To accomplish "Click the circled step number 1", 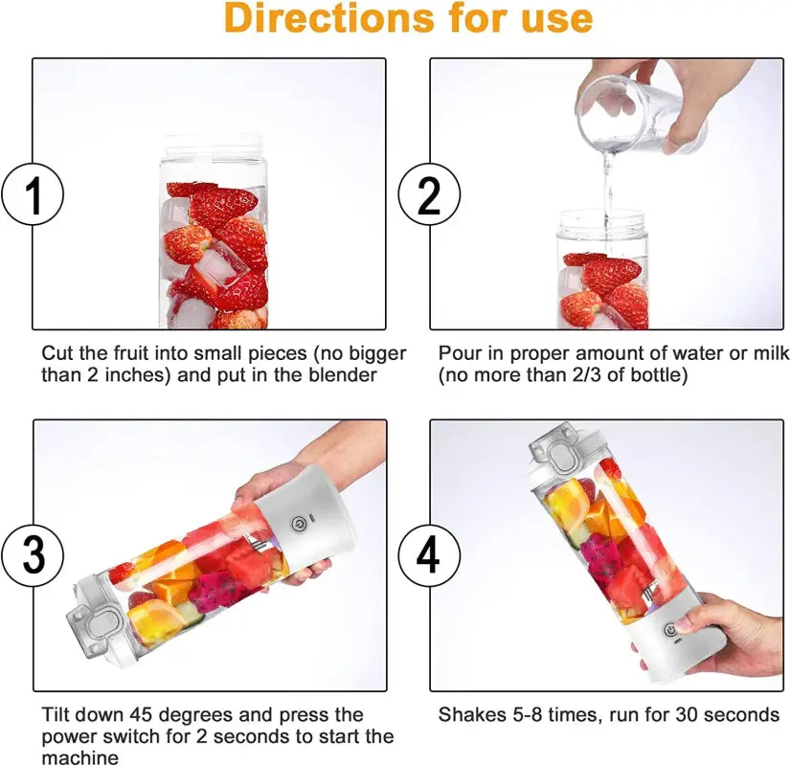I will (x=34, y=195).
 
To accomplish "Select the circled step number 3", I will (x=34, y=555).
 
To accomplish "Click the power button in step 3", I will (x=299, y=526).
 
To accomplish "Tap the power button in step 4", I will (x=670, y=628).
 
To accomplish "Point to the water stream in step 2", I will (x=605, y=191).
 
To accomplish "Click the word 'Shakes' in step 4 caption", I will (x=471, y=714).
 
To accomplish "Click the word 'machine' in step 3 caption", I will (x=80, y=757).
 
